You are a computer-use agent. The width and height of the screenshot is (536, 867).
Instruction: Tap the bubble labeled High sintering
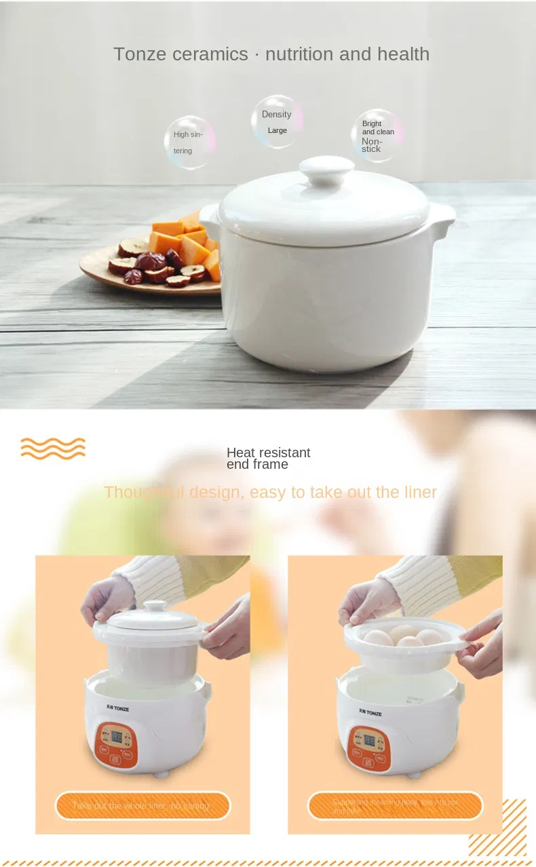(189, 142)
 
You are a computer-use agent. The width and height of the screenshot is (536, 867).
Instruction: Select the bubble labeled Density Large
(277, 121)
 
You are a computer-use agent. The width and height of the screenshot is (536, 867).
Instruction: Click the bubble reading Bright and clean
(377, 136)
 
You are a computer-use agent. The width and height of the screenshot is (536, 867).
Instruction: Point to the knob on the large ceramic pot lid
(327, 170)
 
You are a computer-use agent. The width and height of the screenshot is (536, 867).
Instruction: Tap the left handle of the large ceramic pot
(210, 216)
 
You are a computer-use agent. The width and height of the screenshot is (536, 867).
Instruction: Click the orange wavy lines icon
(53, 448)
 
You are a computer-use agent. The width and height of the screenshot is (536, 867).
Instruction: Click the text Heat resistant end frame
(268, 459)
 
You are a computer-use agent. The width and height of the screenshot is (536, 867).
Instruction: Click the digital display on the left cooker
(116, 735)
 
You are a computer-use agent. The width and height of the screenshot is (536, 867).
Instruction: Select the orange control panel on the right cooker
(369, 748)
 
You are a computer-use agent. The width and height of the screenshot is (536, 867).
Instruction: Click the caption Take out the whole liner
(142, 805)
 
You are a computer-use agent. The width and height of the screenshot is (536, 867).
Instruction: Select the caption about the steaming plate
(395, 805)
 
